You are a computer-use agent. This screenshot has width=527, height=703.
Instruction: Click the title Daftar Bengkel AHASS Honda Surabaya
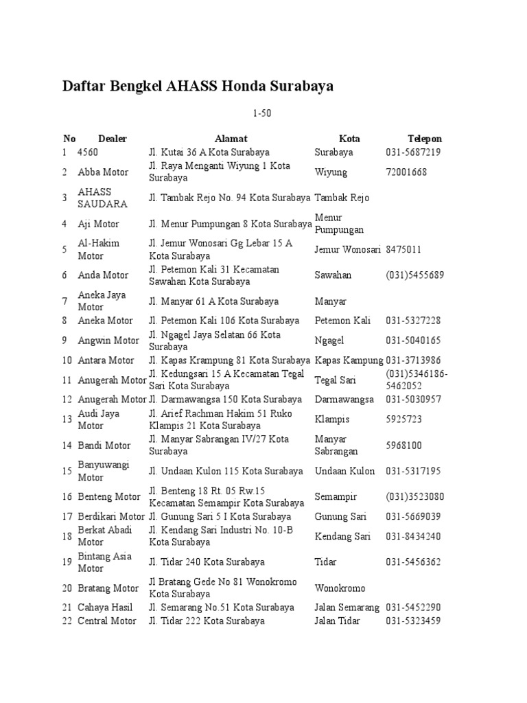pyautogui.click(x=198, y=87)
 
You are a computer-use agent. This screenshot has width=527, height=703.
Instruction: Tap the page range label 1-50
pyautogui.click(x=263, y=113)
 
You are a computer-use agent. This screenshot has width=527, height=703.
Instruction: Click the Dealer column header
pyautogui.click(x=113, y=139)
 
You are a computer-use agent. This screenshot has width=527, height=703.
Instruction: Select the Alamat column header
pyautogui.click(x=231, y=139)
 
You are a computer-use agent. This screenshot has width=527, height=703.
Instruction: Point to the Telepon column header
pyautogui.click(x=425, y=139)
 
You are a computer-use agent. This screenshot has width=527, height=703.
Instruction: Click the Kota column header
pyautogui.click(x=349, y=139)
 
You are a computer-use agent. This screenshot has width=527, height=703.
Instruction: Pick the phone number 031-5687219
pyautogui.click(x=413, y=152)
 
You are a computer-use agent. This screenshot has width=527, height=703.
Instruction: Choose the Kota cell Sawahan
pyautogui.click(x=333, y=275)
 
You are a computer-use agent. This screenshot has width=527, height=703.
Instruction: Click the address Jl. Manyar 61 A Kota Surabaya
pyautogui.click(x=214, y=301)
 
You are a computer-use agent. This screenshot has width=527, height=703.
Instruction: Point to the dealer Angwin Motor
pyautogui.click(x=108, y=341)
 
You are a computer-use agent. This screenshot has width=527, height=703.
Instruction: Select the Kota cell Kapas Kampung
pyautogui.click(x=349, y=360)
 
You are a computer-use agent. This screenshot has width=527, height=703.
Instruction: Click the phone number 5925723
pyautogui.click(x=403, y=419)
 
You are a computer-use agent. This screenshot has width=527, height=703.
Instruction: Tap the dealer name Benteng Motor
pyautogui.click(x=109, y=497)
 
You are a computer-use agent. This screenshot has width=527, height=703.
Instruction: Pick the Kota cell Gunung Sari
pyautogui.click(x=340, y=516)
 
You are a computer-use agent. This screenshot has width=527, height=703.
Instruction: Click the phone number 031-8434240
pyautogui.click(x=413, y=536)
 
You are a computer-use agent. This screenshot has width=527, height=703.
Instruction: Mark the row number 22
pyautogui.click(x=67, y=621)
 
